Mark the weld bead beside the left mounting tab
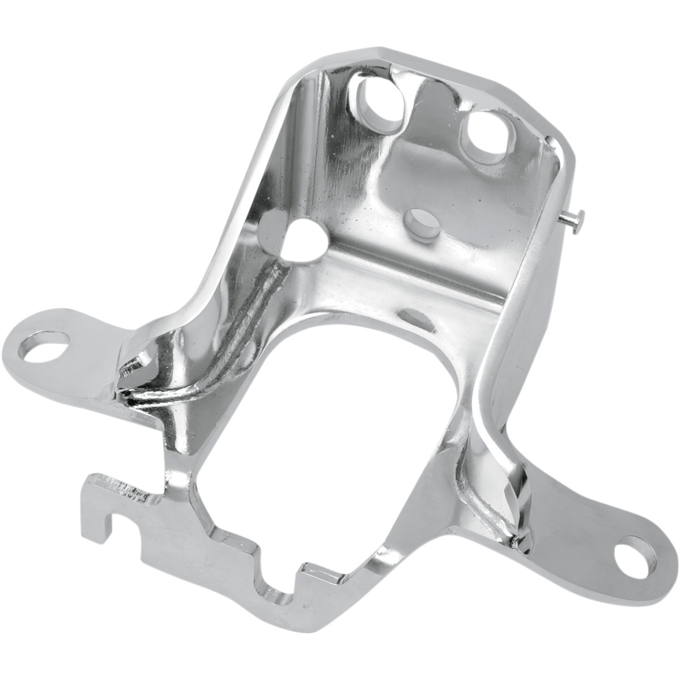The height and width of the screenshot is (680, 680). pyautogui.click(x=133, y=377)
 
